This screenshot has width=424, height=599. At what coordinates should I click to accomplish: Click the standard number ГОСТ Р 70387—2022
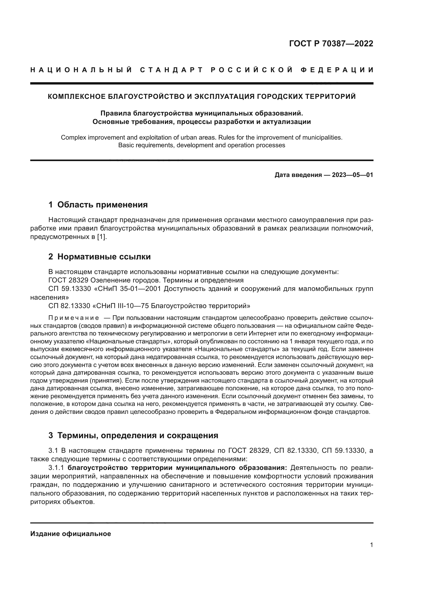click(331, 44)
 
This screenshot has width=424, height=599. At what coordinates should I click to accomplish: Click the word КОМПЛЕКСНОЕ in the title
click(76, 97)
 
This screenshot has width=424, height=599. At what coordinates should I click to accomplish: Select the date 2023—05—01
click(352, 175)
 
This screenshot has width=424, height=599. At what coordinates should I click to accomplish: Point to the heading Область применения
click(102, 205)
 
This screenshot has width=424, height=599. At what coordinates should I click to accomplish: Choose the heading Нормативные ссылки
click(104, 257)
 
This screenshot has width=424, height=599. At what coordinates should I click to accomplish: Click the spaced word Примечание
click(74, 318)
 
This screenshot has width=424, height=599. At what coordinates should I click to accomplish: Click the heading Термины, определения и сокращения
click(138, 435)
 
